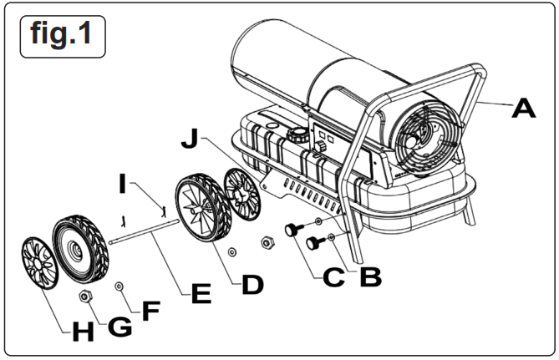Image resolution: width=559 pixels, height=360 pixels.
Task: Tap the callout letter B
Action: (372, 276)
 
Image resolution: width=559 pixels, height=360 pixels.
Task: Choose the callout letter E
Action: (200, 294)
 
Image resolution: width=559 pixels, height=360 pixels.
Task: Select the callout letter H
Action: (82, 332)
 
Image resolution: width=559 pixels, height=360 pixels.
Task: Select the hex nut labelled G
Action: (84, 297)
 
